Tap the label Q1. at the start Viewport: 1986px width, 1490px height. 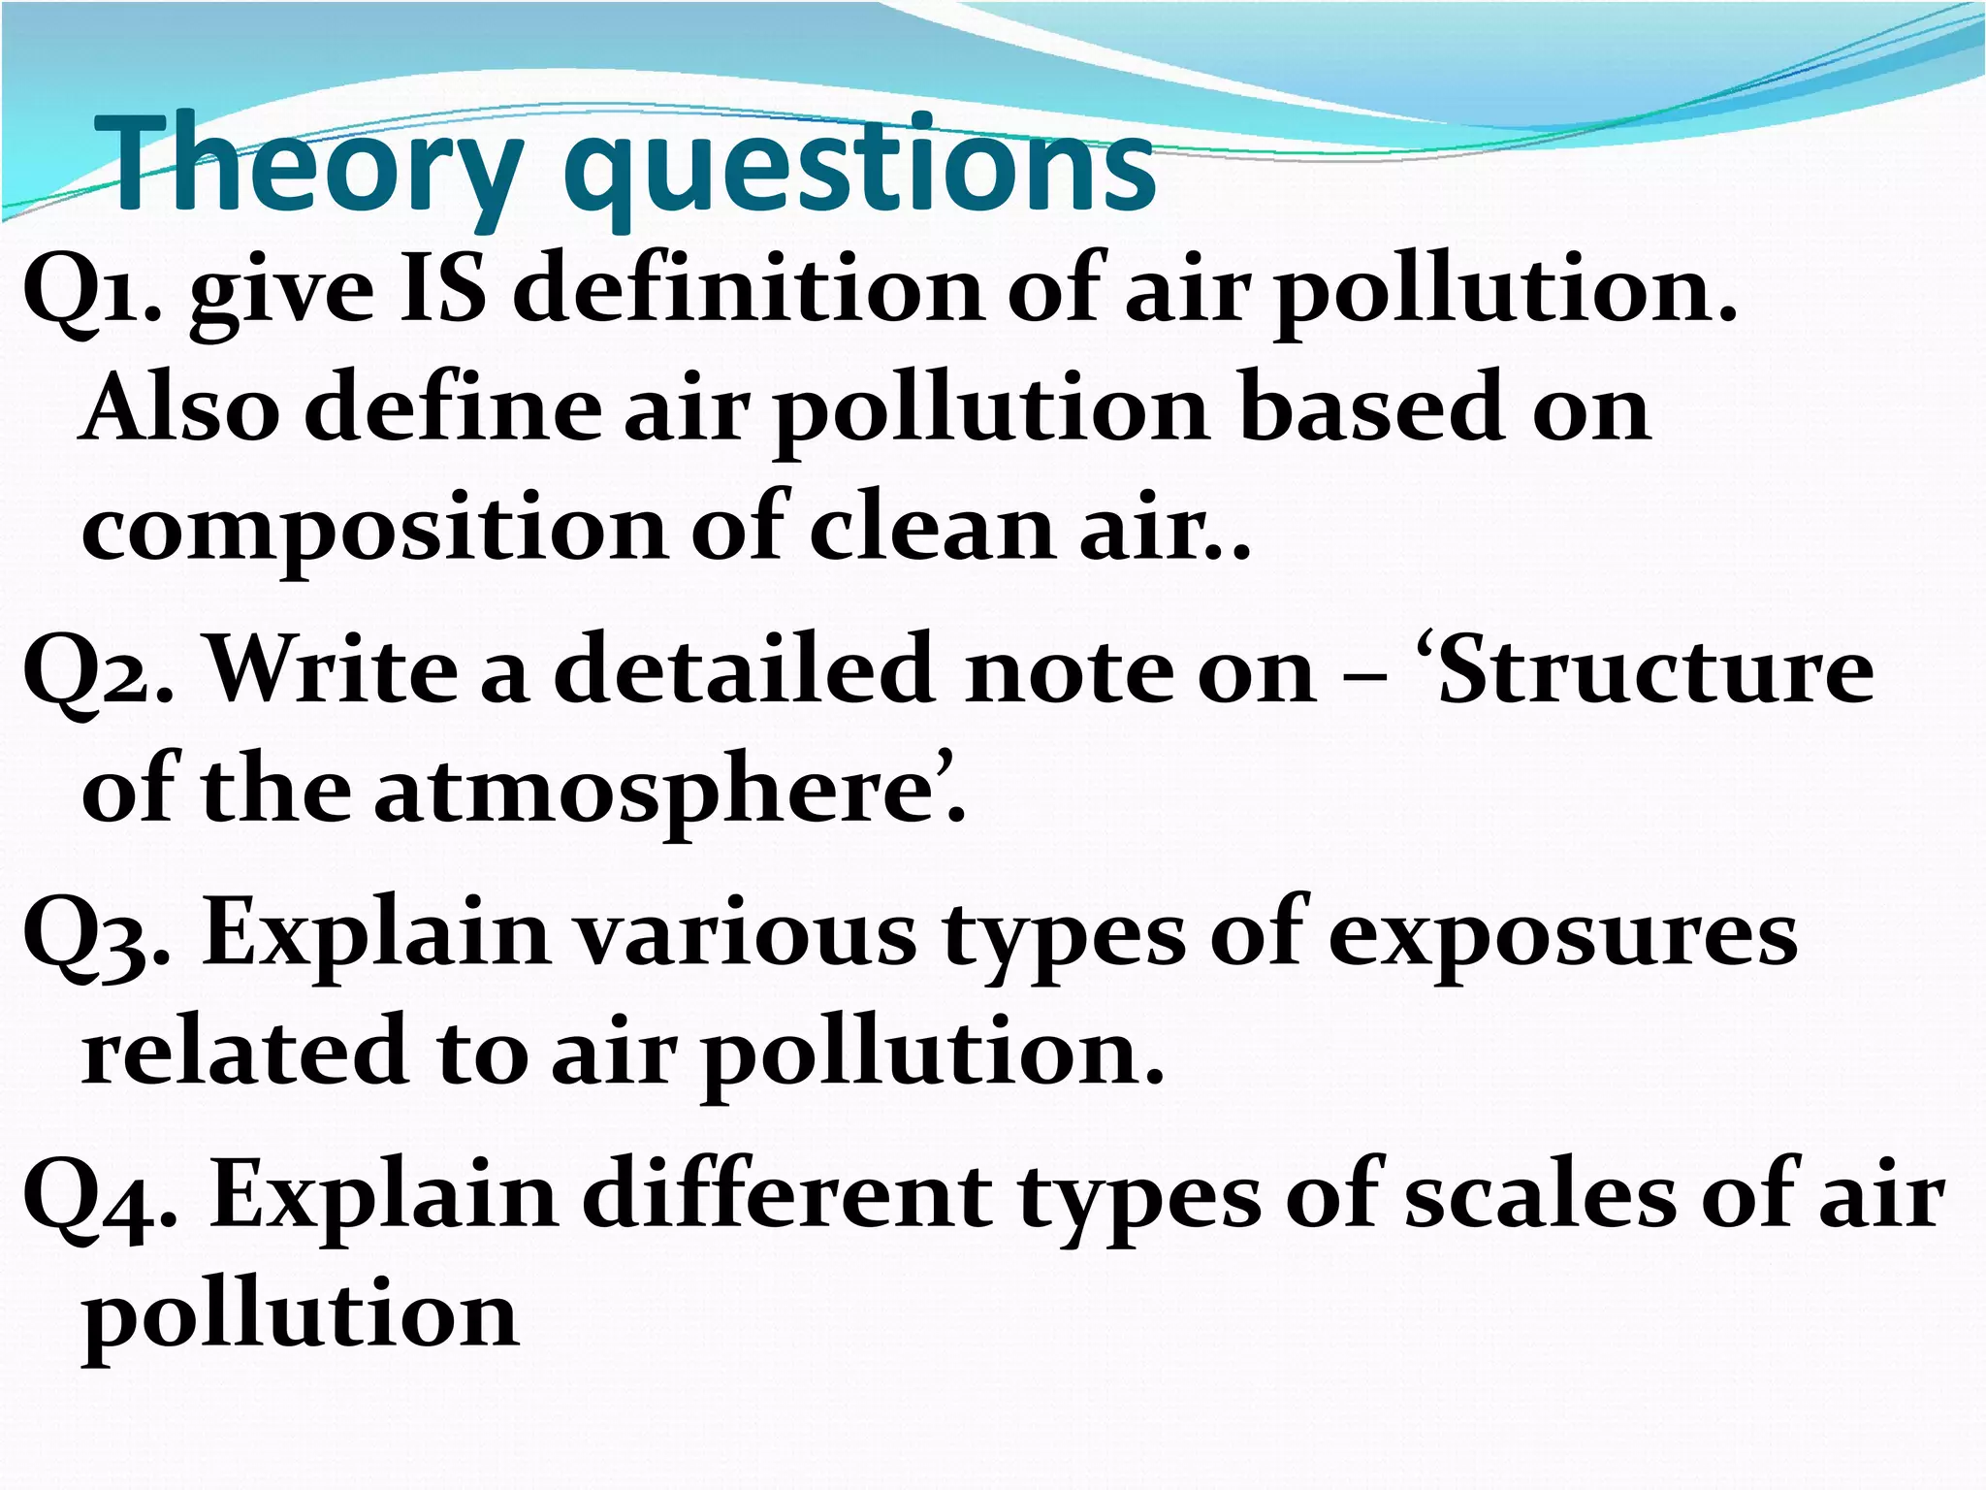click(91, 291)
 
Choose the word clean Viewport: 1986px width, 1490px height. click(931, 528)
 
